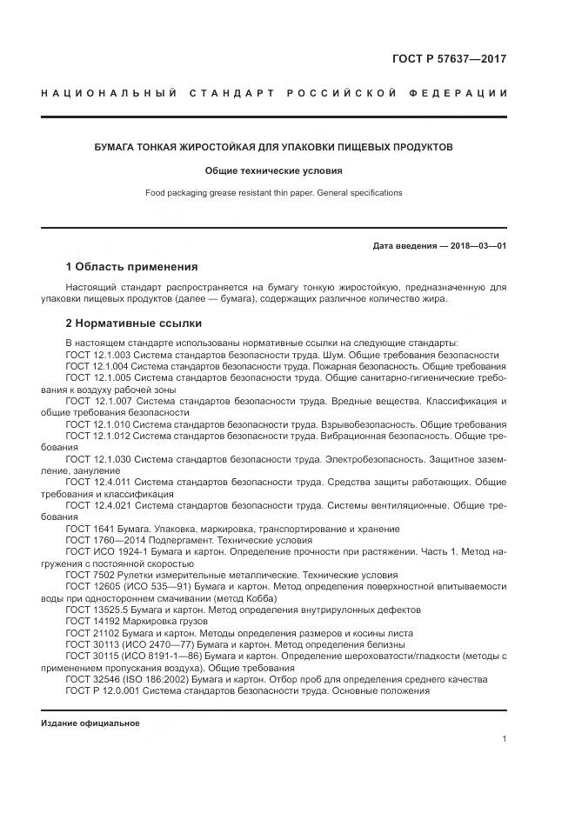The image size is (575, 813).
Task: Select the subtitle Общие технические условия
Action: point(273,170)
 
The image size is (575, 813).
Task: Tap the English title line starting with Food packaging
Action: point(273,192)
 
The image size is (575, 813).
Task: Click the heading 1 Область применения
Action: point(132,266)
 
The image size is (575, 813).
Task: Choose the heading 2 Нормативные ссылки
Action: point(133,323)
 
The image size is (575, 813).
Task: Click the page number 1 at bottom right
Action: point(505,738)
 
